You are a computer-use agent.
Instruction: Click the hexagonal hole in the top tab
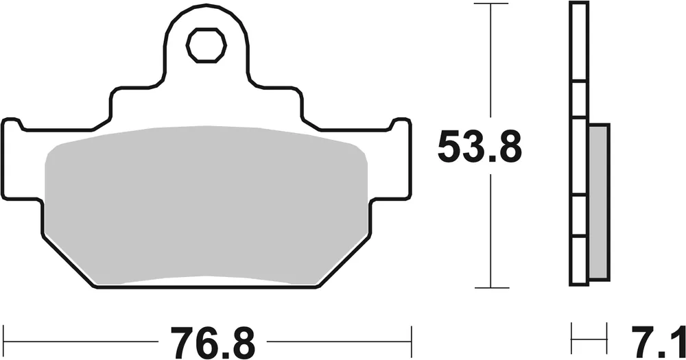[x=206, y=45]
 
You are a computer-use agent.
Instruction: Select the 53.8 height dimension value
[x=480, y=147]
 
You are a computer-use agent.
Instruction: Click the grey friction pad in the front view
[x=206, y=206]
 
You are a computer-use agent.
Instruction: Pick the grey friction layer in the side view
[x=598, y=202]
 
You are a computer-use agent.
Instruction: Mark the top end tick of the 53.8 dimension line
[x=490, y=4]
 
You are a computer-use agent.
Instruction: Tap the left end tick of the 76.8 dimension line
[x=4, y=337]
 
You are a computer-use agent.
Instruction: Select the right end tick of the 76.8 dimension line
[x=410, y=337]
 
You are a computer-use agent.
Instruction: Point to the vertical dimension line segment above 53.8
[x=490, y=62]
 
